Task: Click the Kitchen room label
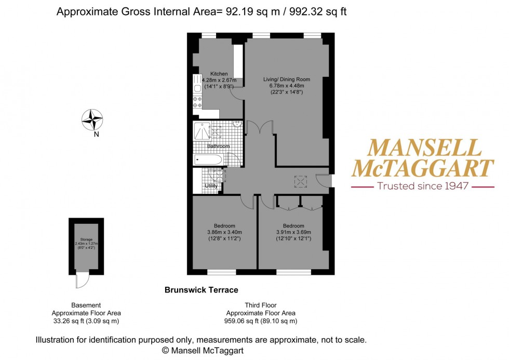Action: click(218, 74)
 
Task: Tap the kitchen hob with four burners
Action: click(197, 102)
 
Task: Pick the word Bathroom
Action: click(218, 146)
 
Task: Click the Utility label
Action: click(211, 185)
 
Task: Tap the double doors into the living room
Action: click(259, 128)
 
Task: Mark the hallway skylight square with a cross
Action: click(300, 181)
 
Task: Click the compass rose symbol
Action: click(92, 119)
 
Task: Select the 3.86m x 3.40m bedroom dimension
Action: click(224, 232)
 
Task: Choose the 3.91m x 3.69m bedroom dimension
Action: click(293, 232)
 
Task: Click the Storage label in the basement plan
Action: click(86, 239)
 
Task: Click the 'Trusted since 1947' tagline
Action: click(423, 186)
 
